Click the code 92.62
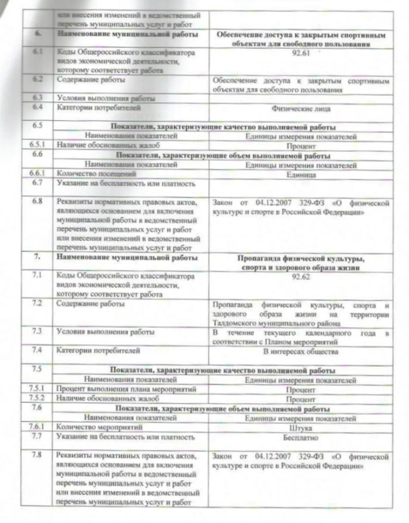301,277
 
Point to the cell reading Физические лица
301,108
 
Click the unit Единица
301,174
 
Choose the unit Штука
301,427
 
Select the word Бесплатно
301,437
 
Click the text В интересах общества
301,352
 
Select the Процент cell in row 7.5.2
301,399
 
